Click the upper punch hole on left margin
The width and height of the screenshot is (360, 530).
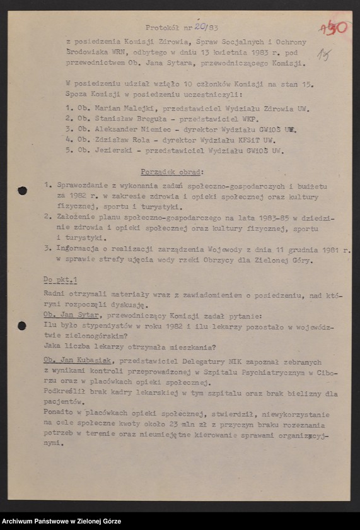(23, 190)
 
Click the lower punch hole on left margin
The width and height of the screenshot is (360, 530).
(22, 326)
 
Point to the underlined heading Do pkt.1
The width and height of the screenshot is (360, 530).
(61, 279)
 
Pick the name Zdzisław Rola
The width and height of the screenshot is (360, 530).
(120, 139)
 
